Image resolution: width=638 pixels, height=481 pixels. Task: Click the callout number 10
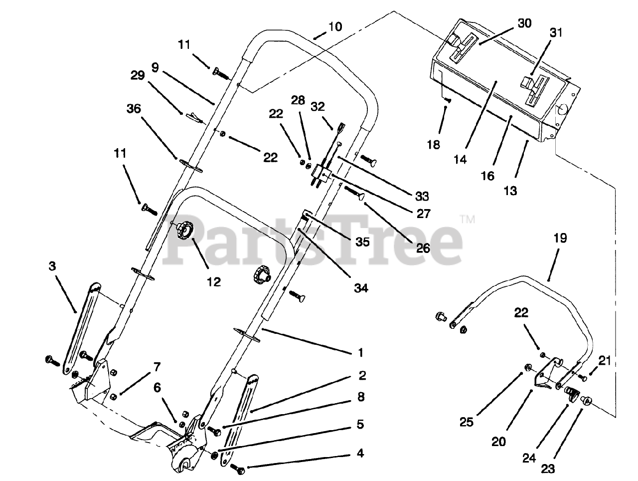point(335,26)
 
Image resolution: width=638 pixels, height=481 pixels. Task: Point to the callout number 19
point(559,238)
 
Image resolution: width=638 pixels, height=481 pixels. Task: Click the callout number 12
point(213,282)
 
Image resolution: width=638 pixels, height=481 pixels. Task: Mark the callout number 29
point(138,75)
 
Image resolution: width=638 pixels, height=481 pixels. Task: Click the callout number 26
point(422,247)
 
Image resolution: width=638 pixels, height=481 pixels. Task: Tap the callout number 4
point(360,453)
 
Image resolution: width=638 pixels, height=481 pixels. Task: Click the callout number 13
point(510,190)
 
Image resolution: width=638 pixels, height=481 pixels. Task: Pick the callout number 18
point(433,145)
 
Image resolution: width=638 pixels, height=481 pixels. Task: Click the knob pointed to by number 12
point(183,231)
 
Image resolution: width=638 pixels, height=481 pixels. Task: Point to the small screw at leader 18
point(448,101)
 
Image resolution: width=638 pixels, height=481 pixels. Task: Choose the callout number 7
point(157,367)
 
